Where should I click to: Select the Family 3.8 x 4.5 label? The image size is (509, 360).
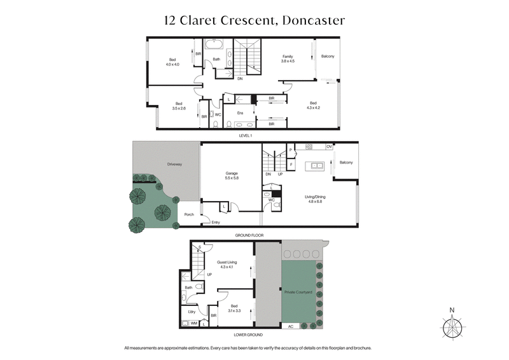288,59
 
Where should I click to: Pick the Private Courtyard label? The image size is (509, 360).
298,292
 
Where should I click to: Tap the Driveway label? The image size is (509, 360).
174,164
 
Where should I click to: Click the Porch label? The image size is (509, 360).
189,214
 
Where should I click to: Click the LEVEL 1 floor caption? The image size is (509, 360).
244,135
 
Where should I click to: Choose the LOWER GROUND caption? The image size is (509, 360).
249,335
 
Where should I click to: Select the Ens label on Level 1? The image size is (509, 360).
241,113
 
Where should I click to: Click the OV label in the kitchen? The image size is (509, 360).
329,147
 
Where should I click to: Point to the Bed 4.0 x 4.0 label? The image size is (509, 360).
173,62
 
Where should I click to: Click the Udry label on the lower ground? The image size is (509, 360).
190,312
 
